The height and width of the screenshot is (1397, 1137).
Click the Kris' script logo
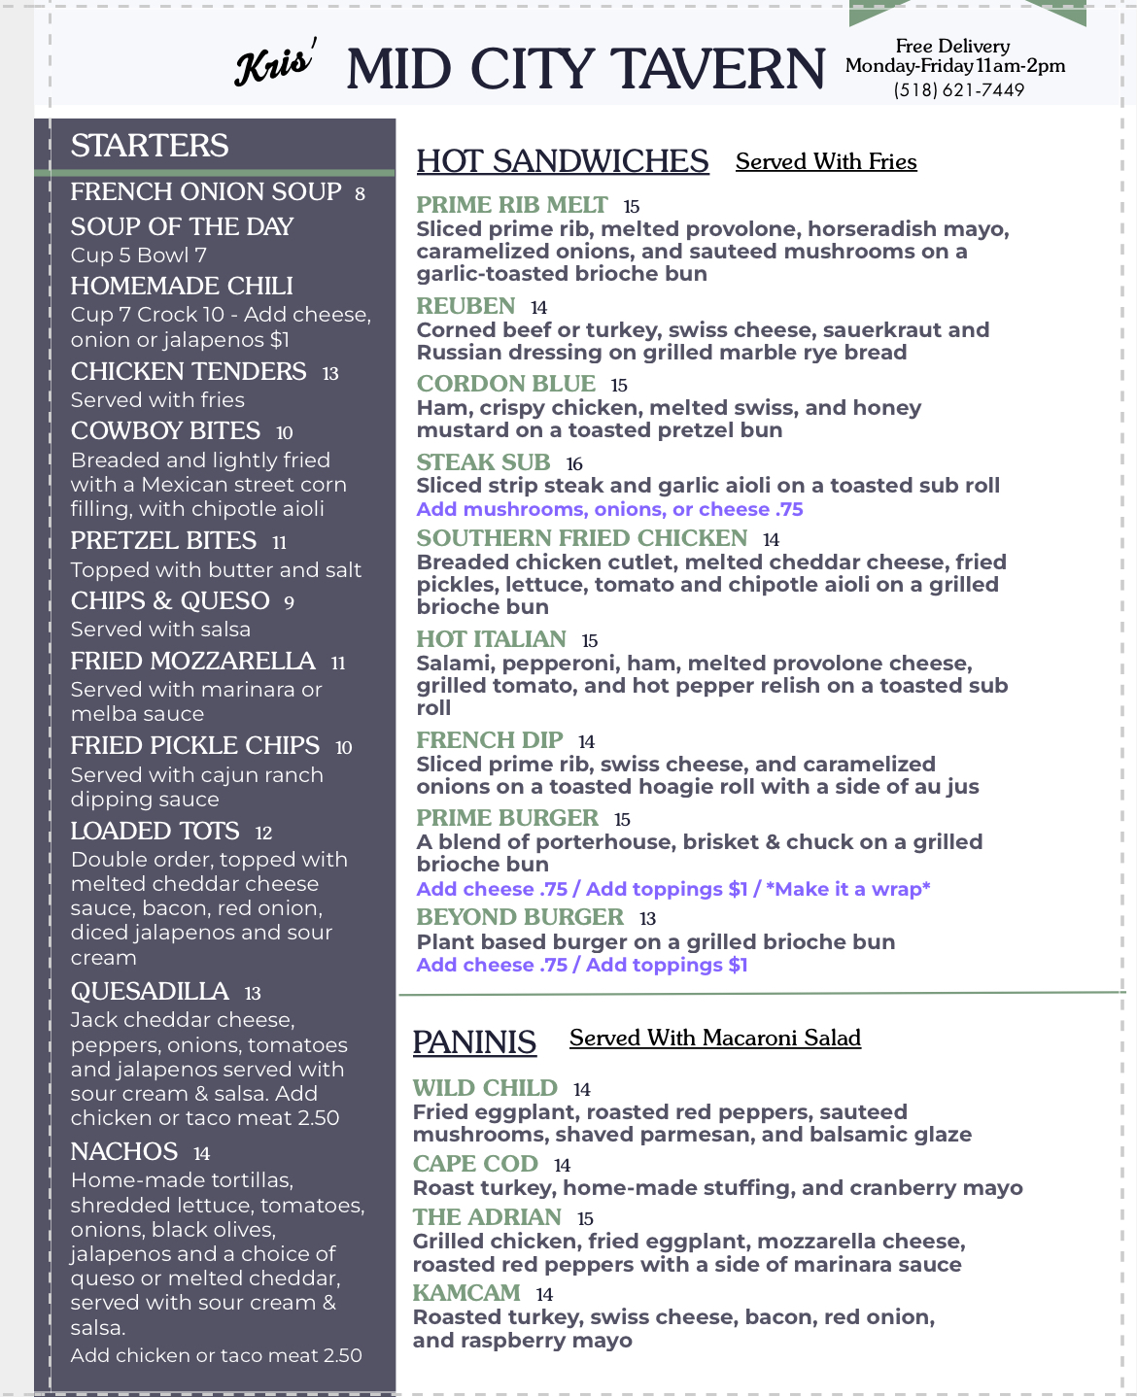(275, 65)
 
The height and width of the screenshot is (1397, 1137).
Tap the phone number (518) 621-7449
(958, 90)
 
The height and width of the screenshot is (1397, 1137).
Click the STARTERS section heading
(150, 146)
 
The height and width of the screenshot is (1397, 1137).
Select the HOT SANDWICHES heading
(563, 161)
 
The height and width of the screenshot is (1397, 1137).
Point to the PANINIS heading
(474, 1042)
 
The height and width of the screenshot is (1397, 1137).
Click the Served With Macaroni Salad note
(714, 1039)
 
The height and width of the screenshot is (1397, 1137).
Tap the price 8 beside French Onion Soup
(360, 194)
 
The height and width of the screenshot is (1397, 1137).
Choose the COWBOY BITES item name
(165, 430)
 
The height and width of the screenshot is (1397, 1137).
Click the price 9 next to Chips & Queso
(289, 603)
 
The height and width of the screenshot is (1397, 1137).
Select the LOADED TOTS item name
(155, 832)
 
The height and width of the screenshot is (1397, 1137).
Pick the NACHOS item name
(124, 1152)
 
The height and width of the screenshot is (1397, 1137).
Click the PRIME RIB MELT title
(512, 205)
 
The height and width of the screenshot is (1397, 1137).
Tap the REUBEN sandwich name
(465, 306)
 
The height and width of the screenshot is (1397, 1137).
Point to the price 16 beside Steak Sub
(574, 464)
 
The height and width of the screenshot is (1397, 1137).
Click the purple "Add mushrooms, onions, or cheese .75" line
(609, 509)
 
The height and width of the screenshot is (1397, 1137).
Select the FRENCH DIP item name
(490, 740)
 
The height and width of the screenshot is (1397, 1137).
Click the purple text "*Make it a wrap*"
(847, 889)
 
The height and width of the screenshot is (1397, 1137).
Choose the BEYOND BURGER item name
(520, 917)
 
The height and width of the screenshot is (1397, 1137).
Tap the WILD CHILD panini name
(485, 1088)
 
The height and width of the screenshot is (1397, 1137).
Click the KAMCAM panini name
(466, 1293)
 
